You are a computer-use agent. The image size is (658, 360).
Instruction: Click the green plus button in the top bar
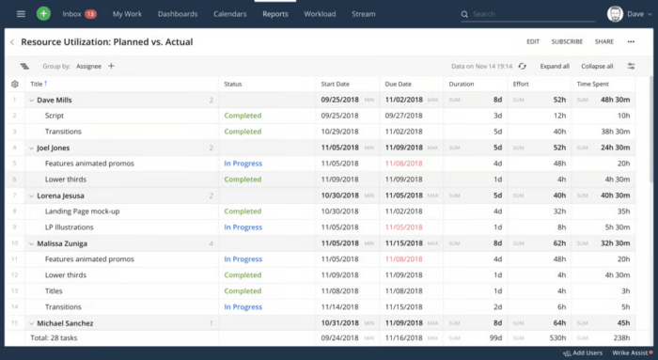(x=44, y=14)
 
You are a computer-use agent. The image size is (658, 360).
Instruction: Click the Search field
(x=526, y=15)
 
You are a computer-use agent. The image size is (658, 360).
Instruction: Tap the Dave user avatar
(x=615, y=14)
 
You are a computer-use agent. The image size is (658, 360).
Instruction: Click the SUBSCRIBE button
(x=567, y=41)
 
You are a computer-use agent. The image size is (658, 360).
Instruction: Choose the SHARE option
(x=603, y=41)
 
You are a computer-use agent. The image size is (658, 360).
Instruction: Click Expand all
(x=555, y=67)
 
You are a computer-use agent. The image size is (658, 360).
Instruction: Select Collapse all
(x=597, y=67)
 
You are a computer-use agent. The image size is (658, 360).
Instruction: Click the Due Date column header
(x=399, y=84)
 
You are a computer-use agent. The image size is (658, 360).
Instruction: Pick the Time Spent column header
(x=594, y=84)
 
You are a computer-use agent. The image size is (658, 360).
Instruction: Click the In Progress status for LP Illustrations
(x=243, y=227)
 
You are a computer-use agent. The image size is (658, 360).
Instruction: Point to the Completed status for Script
(x=243, y=116)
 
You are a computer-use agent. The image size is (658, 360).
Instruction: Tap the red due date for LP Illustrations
(x=403, y=227)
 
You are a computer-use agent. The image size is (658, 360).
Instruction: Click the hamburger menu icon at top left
(x=21, y=14)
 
